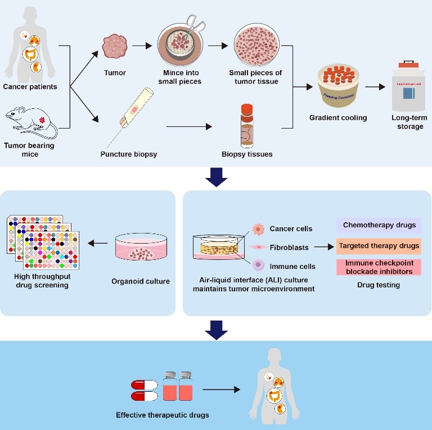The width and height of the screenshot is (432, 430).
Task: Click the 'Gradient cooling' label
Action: point(338,118)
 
